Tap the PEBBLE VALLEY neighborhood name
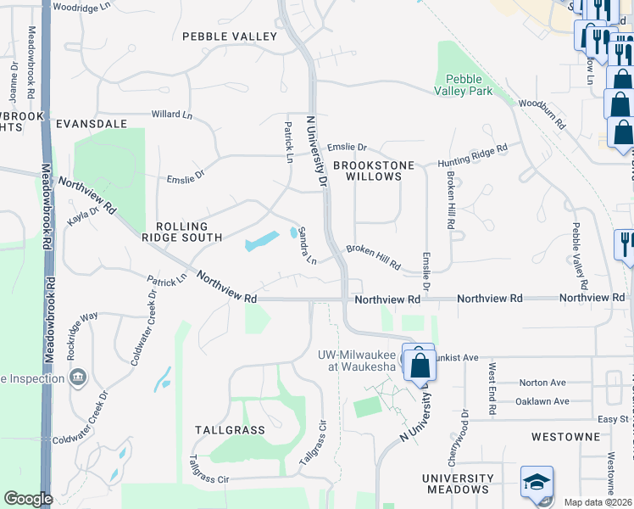point(230,36)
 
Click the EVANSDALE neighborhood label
point(91,123)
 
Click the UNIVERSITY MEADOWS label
point(459,484)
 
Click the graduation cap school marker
point(537,483)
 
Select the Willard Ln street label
point(172,114)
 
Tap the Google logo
point(28,499)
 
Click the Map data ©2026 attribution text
point(598,502)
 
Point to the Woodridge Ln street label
point(81,6)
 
